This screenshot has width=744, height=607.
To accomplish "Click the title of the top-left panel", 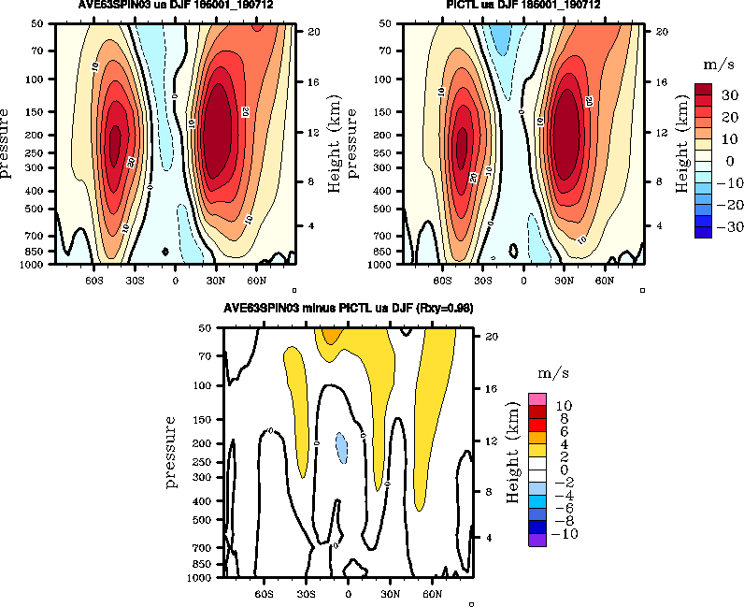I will coord(175,6).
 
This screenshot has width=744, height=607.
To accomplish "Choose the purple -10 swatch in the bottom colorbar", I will coord(537,539).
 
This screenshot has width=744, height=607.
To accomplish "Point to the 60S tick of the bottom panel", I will coord(264,592).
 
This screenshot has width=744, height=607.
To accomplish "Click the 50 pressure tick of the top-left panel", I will coord(39,22).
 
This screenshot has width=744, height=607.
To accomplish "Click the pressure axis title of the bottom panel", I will coord(172,453).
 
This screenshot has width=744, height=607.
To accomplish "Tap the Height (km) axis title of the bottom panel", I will coord(512,453).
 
